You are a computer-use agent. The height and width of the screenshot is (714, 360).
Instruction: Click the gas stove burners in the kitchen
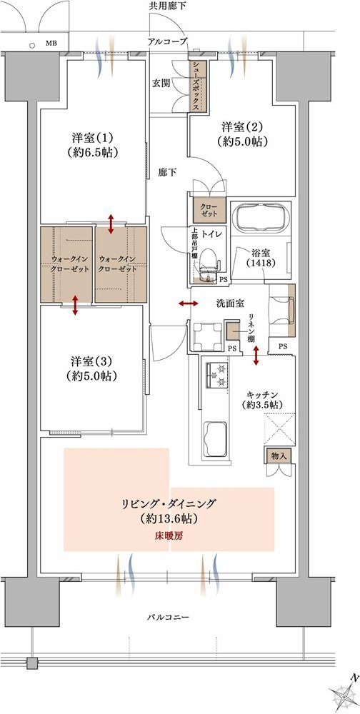217,375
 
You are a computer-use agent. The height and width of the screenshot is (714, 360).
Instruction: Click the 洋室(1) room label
93,144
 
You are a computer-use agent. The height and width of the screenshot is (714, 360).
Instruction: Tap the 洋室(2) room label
243,133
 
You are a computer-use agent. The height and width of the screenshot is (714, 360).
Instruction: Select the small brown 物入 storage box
279,456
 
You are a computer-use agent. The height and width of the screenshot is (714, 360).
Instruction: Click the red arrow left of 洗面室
188,303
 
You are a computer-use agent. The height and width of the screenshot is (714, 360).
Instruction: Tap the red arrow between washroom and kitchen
256,356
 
